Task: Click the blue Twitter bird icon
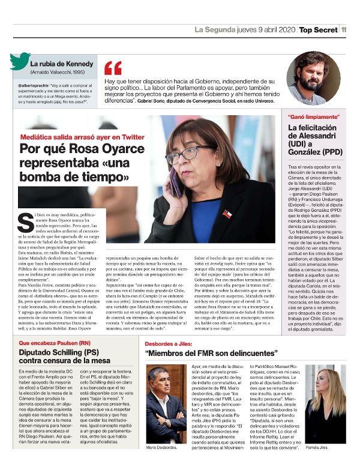pyautogui.click(x=20, y=61)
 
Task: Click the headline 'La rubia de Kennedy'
pyautogui.click(x=62, y=64)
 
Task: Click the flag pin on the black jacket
pyautogui.click(x=227, y=214)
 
